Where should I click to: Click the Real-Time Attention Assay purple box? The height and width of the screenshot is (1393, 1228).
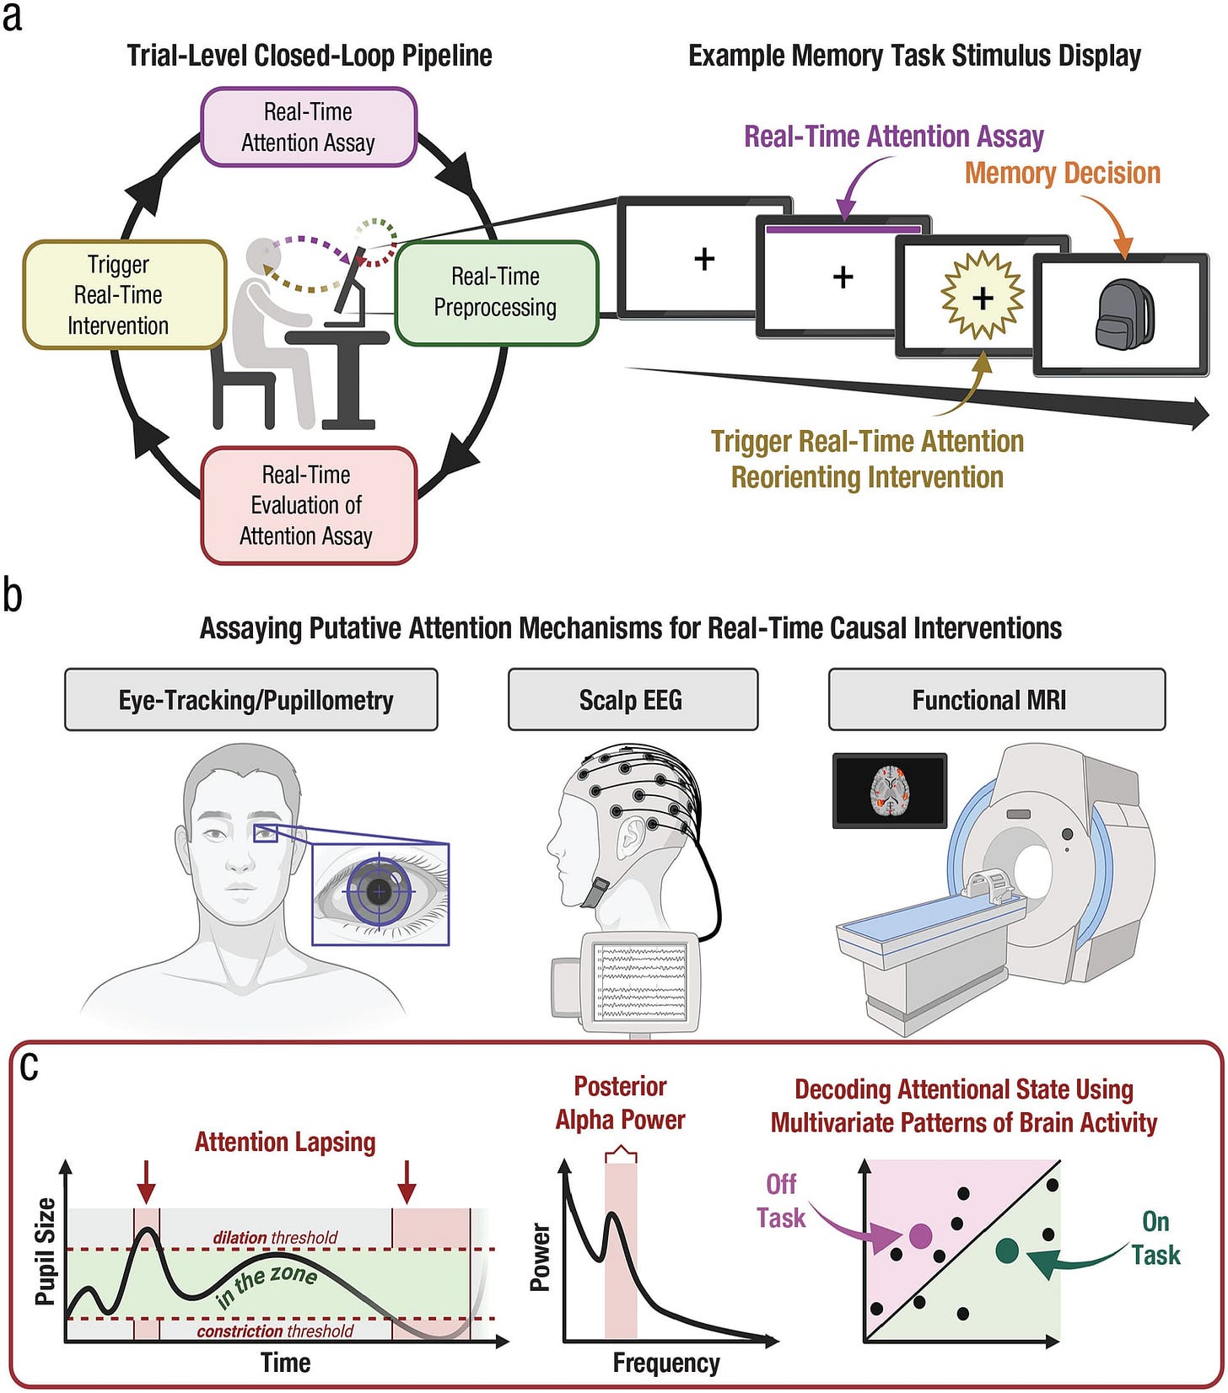pos(309,126)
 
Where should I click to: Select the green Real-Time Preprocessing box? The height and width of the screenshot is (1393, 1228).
pos(496,293)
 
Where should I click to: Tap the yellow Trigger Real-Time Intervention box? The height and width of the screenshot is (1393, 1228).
pos(123,294)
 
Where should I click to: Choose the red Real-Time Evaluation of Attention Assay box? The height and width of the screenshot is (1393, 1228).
pos(308,505)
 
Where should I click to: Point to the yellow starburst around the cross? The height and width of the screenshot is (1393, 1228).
pos(982,296)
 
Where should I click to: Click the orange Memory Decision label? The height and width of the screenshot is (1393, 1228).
pos(1062,173)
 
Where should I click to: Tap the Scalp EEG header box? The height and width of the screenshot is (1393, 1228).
pos(632,700)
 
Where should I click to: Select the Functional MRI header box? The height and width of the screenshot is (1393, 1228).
pos(996,700)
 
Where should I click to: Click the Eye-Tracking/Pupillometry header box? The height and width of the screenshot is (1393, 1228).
pos(250,700)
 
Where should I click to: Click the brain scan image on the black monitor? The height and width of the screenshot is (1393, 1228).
pos(889,790)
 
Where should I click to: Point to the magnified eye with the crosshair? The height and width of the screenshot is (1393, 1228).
pos(380,891)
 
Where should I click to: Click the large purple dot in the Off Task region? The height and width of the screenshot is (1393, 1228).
pos(920,1236)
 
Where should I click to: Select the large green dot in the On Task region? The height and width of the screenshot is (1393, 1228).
pos(1006,1250)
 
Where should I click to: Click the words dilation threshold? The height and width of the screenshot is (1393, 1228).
pos(275,1237)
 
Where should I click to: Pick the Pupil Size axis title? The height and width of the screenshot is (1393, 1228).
pos(46,1251)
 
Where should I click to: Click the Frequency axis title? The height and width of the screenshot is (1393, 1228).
pos(665,1363)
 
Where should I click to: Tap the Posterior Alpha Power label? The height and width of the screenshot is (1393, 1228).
pos(620,1103)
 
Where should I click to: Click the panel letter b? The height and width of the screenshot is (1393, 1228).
pos(13,594)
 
